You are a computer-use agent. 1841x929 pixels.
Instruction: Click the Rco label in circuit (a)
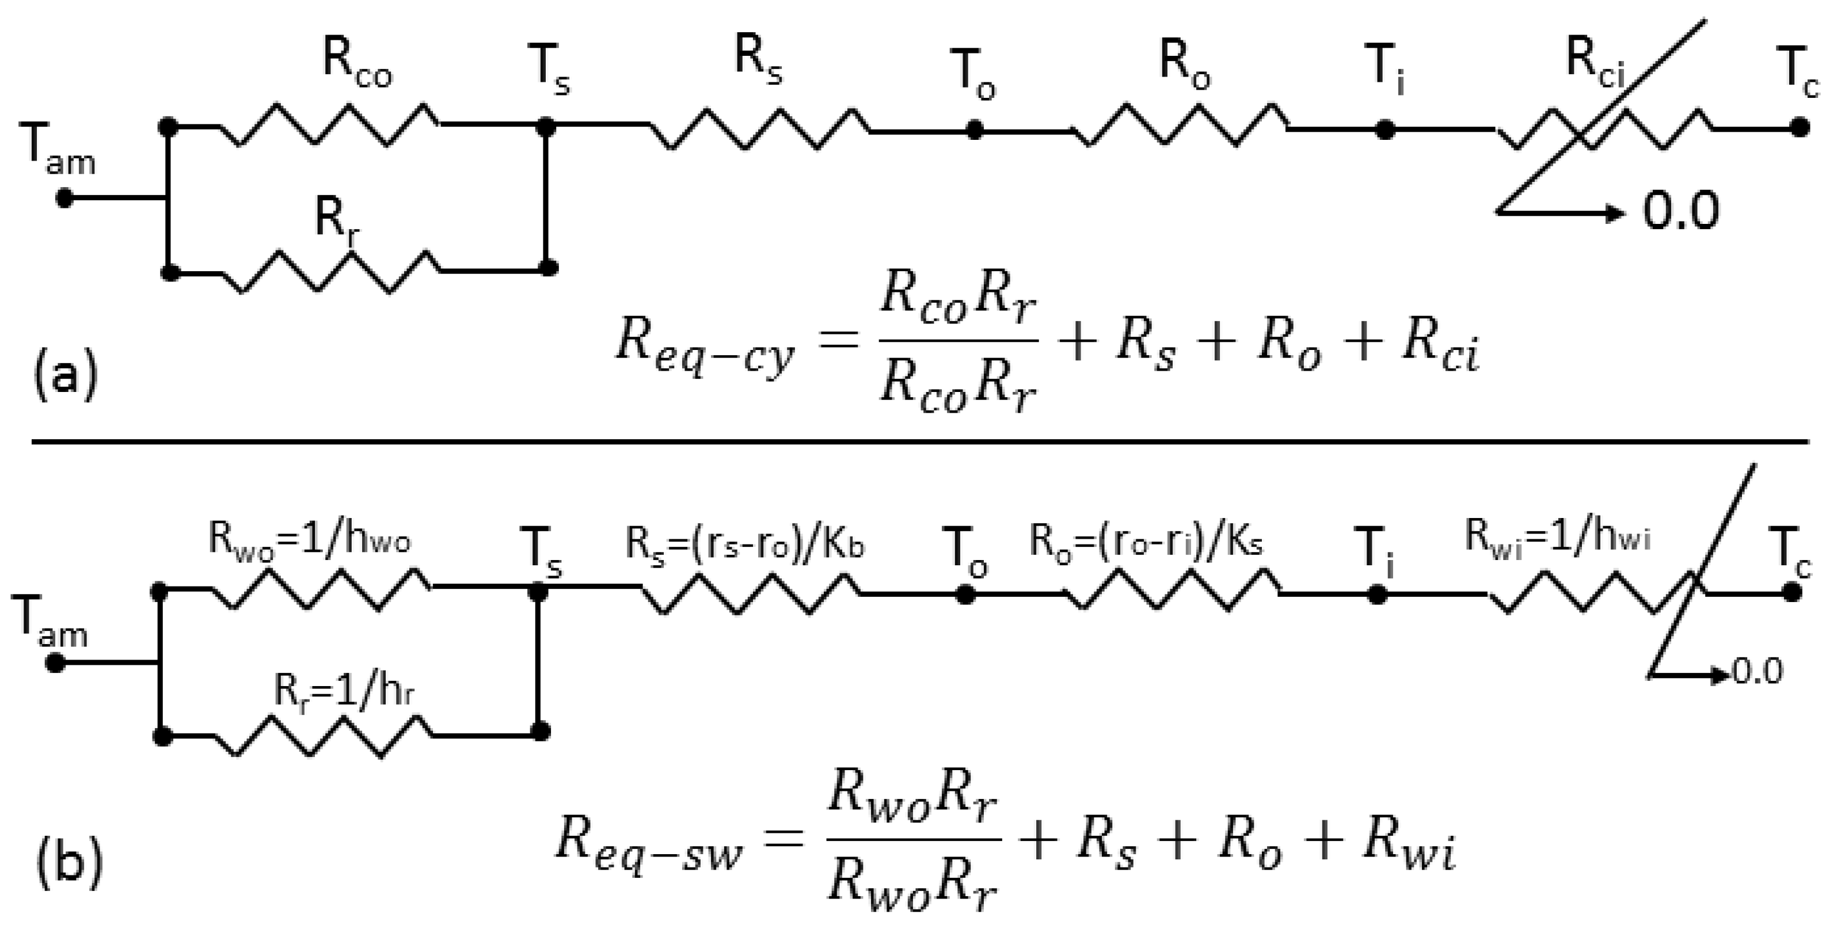click(x=357, y=66)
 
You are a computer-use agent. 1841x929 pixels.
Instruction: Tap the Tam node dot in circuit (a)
click(x=64, y=198)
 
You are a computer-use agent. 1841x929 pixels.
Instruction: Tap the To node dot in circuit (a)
click(x=975, y=130)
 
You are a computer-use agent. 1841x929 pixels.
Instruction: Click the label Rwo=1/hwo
click(x=310, y=539)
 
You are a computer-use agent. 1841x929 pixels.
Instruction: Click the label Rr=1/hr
click(x=344, y=690)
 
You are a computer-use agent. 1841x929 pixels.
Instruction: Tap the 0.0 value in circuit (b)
click(x=1758, y=672)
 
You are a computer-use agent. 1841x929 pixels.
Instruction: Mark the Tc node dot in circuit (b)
click(x=1791, y=592)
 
